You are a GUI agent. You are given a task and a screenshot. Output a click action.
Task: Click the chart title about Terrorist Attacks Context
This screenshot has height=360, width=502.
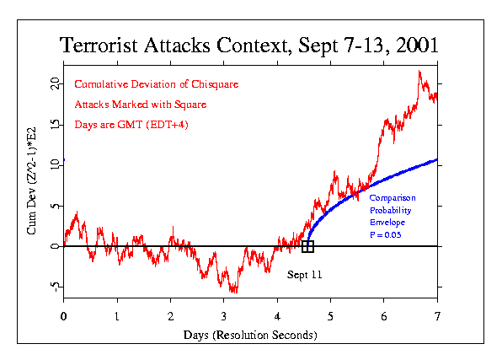point(250,46)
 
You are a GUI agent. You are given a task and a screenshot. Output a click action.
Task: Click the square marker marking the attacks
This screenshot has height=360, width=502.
point(308,246)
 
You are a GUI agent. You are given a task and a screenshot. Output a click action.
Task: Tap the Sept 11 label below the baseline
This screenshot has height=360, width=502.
point(304,275)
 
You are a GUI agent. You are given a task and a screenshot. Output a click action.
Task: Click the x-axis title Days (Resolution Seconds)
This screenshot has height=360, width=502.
point(250,335)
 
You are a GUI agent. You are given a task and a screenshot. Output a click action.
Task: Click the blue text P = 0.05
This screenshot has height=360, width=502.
point(386,234)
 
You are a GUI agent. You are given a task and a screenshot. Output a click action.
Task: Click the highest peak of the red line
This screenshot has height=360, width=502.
point(419,73)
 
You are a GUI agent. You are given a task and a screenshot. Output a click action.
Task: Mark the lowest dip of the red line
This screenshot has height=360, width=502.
point(233,292)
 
